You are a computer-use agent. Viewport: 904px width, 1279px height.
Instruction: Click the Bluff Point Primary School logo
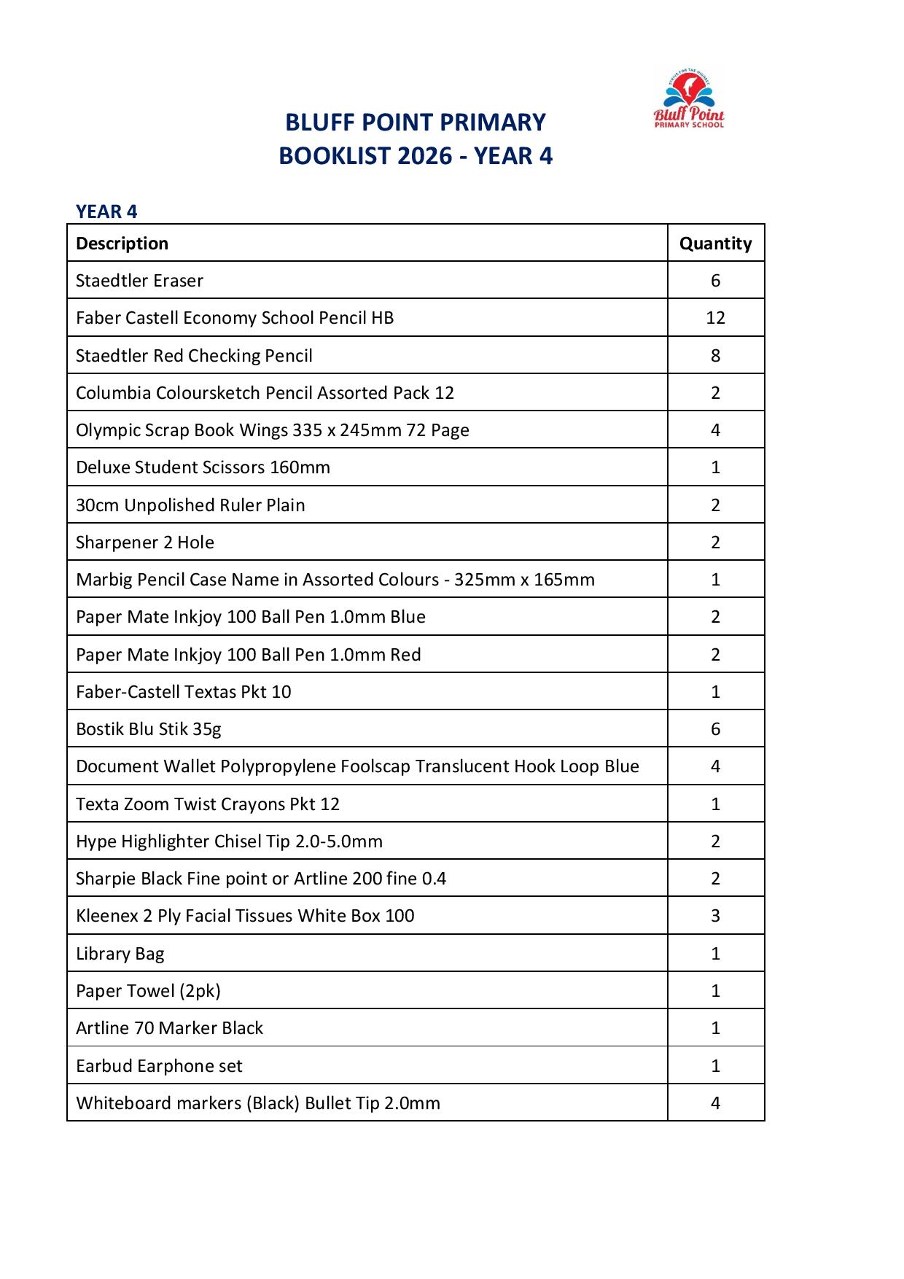click(689, 99)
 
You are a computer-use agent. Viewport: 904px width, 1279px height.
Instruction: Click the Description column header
click(122, 244)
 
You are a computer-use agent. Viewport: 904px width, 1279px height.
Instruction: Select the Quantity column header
click(715, 244)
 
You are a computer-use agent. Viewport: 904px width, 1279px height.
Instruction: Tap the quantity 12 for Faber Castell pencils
click(715, 318)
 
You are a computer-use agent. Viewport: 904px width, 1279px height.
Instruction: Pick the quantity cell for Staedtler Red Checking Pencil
click(715, 356)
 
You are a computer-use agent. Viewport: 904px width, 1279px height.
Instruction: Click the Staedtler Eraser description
click(139, 281)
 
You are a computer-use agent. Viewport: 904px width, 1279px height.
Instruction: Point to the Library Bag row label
click(120, 954)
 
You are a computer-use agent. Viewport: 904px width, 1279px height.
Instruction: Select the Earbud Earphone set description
click(159, 1066)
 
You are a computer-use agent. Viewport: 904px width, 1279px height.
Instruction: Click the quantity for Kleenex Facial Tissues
click(715, 916)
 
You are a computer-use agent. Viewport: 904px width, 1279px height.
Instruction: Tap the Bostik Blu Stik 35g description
click(148, 729)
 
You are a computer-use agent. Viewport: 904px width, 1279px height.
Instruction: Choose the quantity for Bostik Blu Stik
click(715, 729)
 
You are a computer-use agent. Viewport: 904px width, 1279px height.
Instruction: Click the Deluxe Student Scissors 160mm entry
click(203, 467)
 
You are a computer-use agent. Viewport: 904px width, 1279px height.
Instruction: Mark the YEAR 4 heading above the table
click(106, 211)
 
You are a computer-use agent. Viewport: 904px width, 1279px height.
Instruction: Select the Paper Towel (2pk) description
click(148, 991)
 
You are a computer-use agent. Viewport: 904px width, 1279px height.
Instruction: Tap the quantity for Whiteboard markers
click(715, 1103)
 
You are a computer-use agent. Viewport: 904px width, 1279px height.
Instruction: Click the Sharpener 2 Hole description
click(145, 543)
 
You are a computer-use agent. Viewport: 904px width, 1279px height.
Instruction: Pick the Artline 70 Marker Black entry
click(169, 1028)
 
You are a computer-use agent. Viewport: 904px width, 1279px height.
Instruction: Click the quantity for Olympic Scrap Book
click(715, 430)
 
